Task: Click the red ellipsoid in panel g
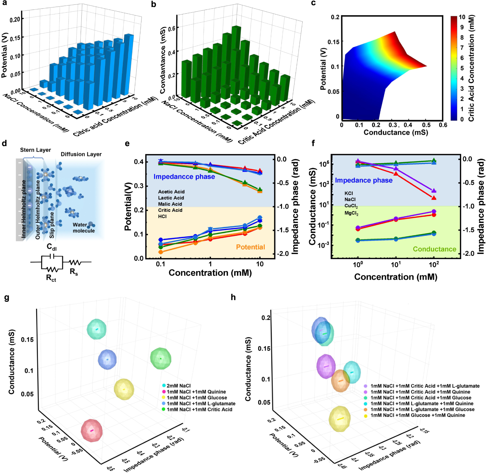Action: [x=92, y=430]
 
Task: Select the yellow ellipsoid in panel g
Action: [x=124, y=389]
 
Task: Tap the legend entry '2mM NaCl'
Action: [x=176, y=385]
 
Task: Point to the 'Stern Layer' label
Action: [x=35, y=150]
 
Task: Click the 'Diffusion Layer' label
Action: [x=81, y=154]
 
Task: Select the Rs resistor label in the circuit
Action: [x=74, y=272]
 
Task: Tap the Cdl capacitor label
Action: [x=52, y=247]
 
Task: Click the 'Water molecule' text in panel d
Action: [x=84, y=228]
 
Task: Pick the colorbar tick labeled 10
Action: [x=462, y=17]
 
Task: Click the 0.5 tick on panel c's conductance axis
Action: [x=426, y=125]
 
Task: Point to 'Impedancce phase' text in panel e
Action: [x=184, y=177]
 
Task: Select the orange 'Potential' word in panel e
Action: [x=250, y=247]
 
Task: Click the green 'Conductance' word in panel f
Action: [x=434, y=249]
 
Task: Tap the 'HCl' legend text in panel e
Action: [x=162, y=216]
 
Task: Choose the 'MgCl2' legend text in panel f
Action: [x=351, y=213]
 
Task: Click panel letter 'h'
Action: [x=233, y=297]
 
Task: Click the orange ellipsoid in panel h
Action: [x=340, y=381]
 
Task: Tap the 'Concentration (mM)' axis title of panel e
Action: [x=210, y=273]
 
